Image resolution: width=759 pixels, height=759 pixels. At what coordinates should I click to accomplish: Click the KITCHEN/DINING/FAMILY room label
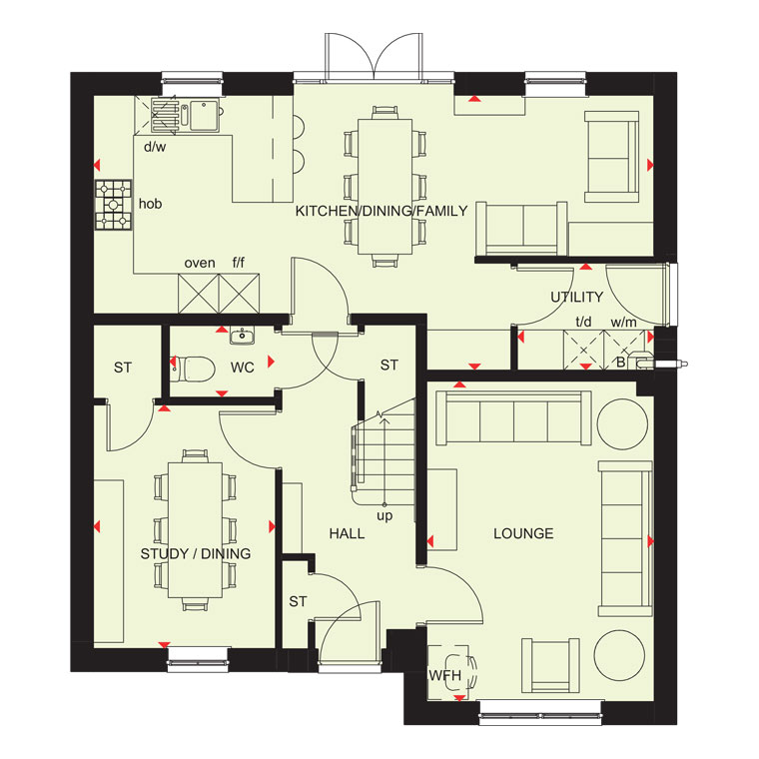click(x=381, y=211)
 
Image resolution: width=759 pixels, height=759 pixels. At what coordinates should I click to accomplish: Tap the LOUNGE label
click(x=523, y=533)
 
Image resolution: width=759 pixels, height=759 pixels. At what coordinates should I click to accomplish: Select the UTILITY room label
click(x=577, y=297)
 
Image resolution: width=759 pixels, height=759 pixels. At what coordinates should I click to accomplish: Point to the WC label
click(x=242, y=368)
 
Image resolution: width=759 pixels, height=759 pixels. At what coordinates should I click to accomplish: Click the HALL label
click(x=347, y=533)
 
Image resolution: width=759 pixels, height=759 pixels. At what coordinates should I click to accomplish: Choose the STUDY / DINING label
click(x=196, y=553)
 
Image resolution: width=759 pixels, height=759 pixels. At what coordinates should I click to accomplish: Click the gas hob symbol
click(x=113, y=205)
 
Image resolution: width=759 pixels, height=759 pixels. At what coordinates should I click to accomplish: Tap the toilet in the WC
click(x=193, y=369)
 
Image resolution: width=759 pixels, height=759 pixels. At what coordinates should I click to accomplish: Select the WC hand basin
click(x=242, y=336)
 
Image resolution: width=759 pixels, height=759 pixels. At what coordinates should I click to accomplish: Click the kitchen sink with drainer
click(x=186, y=115)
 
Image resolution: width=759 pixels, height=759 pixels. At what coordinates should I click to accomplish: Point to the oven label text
click(x=200, y=264)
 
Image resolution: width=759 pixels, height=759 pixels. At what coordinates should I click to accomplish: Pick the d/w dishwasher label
click(x=155, y=147)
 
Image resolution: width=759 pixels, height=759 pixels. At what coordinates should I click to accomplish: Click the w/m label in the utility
click(x=623, y=322)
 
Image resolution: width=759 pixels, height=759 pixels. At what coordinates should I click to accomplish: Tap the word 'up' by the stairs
click(x=384, y=516)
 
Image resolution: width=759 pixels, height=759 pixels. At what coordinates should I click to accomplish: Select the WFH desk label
click(x=444, y=675)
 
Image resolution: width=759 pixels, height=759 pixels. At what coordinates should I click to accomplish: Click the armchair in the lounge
click(x=551, y=666)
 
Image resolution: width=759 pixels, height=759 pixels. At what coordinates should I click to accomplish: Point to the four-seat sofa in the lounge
click(x=513, y=418)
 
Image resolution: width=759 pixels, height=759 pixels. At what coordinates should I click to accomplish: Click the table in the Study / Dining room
click(x=195, y=530)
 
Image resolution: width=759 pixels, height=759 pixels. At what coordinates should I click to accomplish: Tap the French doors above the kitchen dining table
click(x=374, y=56)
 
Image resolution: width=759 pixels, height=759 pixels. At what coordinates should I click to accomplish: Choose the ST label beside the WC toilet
click(x=123, y=368)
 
